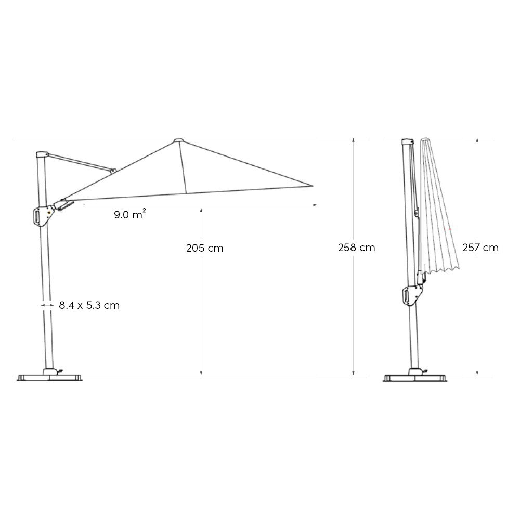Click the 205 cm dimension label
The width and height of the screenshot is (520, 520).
point(204,248)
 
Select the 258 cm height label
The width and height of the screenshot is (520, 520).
point(356,248)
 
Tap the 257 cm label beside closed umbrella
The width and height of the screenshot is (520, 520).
point(480,248)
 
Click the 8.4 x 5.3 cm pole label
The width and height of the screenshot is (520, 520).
point(89,305)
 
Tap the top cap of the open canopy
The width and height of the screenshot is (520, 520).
point(178,140)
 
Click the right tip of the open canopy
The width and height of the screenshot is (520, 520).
point(313,185)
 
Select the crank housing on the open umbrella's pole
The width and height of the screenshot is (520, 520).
point(42,216)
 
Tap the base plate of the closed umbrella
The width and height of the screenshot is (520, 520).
point(415,378)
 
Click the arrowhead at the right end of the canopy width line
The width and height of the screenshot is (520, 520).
point(315,205)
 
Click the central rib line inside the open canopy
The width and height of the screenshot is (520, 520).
point(183,166)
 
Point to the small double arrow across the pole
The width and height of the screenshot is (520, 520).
point(46,305)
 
